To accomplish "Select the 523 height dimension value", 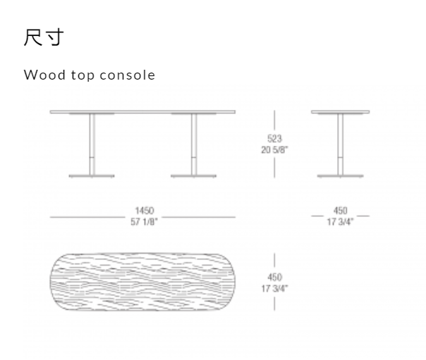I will point(274,139).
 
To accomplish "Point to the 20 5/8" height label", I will point(274,149).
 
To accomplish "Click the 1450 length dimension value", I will point(144,211).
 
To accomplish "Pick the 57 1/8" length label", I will point(144,221).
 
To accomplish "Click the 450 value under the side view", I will point(341,211).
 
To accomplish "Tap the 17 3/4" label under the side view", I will point(341,221).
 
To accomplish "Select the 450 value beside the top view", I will point(274,278).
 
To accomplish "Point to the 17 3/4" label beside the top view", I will point(274,287).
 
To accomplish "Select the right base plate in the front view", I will point(193,175).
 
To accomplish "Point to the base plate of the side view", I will point(341,175).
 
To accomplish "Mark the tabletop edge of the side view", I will point(341,111).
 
